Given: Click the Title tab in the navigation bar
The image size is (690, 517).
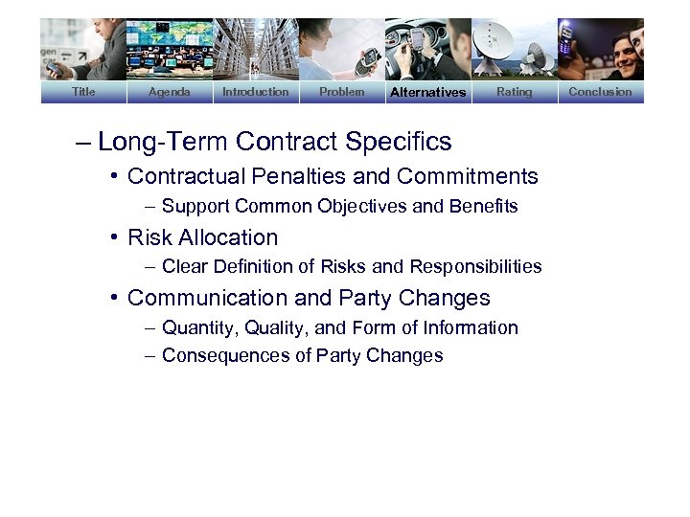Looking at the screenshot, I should tap(83, 92).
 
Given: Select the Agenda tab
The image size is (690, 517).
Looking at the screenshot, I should tap(170, 92).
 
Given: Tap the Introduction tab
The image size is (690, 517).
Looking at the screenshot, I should tap(255, 92).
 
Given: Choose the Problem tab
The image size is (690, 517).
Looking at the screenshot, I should tap(341, 92).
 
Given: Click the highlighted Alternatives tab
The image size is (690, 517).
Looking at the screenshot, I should tap(427, 92).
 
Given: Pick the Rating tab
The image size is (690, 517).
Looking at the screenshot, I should tap(514, 92).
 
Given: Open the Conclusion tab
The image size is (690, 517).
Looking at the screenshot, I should tap(600, 92).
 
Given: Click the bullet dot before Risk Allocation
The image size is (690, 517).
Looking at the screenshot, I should tap(114, 237).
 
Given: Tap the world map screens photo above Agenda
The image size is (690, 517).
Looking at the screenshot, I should tap(170, 48).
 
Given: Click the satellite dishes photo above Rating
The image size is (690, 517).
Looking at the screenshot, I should tap(514, 48).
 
